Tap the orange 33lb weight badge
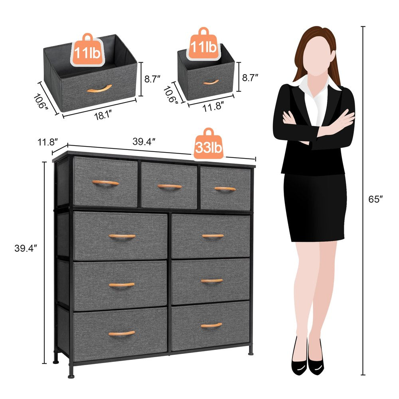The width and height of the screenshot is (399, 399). pos(208,146)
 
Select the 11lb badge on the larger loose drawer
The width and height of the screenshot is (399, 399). pos(86,51)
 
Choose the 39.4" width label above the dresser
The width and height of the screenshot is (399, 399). pos(144,141)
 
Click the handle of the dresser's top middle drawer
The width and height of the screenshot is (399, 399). pos(169,186)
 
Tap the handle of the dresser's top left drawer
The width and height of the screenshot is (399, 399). pos(105,183)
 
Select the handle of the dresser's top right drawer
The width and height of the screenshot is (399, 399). pos(225,189)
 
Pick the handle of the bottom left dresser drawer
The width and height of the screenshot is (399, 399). pos(122,333)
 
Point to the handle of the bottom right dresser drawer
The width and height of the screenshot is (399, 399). pos(211,325)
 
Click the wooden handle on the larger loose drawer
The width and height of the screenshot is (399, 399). pos(99,88)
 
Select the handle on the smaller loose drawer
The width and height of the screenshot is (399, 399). pos(211,82)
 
